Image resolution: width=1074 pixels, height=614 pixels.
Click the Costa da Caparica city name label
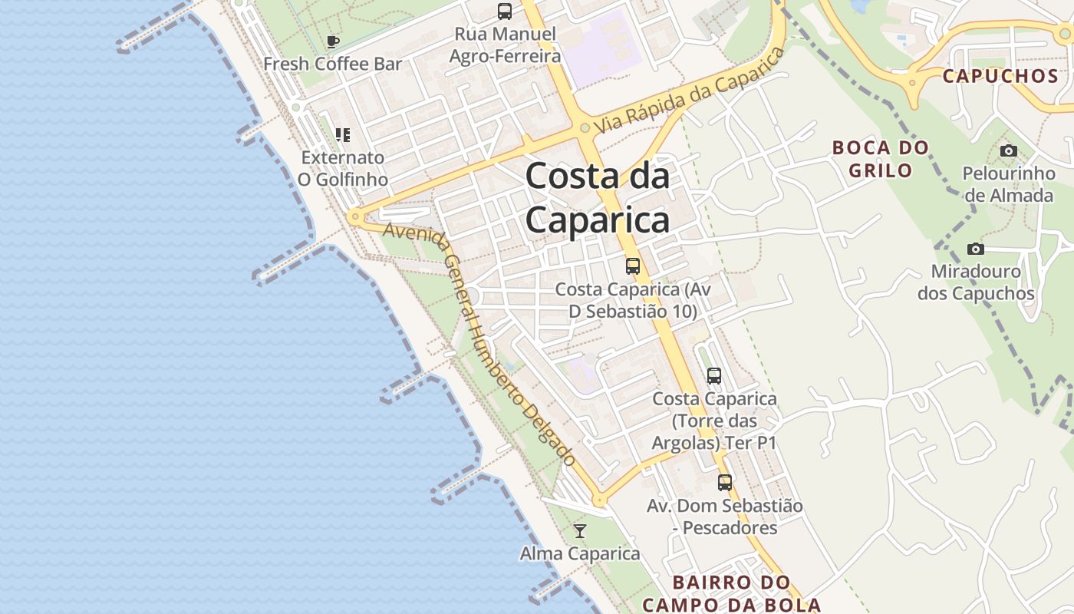(597, 198)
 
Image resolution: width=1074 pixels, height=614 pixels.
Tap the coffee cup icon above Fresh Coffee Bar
(332, 41)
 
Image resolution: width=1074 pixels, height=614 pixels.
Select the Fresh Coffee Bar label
(332, 64)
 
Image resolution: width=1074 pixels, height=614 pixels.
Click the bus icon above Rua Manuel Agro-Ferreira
(504, 12)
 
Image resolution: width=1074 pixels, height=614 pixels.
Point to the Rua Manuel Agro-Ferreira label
(505, 45)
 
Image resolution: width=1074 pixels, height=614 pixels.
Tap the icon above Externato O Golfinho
(343, 135)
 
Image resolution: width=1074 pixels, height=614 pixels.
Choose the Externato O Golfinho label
(342, 168)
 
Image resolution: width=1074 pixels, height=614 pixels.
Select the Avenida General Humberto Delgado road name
(479, 344)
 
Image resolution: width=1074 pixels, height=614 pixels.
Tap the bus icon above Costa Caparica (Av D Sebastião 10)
(633, 266)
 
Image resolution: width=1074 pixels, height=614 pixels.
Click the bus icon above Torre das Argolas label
(714, 376)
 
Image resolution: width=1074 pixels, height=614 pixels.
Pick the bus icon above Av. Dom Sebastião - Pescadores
(725, 483)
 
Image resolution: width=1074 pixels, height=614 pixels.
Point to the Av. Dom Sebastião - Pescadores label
(725, 517)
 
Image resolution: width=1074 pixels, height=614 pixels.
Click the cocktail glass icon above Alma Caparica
(580, 531)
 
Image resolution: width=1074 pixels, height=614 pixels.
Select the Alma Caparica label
(580, 553)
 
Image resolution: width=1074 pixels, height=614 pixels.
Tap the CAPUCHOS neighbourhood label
(1000, 76)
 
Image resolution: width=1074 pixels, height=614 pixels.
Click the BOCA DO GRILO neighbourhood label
(881, 159)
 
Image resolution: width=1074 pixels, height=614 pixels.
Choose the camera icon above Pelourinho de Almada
(1009, 150)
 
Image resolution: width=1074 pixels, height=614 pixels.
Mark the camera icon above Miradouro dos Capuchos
(976, 249)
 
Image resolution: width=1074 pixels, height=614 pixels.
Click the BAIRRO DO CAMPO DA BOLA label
(731, 593)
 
